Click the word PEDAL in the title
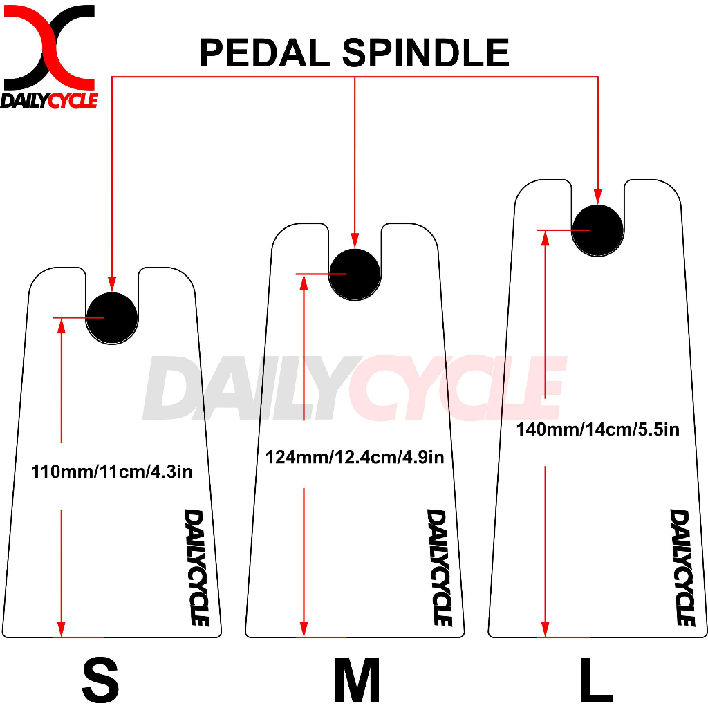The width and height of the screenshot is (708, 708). pyautogui.click(x=265, y=53)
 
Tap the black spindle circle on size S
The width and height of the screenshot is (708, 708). pyautogui.click(x=112, y=317)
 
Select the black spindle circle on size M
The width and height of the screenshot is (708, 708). pyautogui.click(x=355, y=274)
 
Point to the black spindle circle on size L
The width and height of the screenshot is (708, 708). pyautogui.click(x=597, y=230)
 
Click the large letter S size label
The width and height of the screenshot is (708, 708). pyautogui.click(x=101, y=679)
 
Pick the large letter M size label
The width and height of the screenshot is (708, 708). pyautogui.click(x=357, y=679)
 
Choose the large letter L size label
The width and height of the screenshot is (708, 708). pyautogui.click(x=596, y=679)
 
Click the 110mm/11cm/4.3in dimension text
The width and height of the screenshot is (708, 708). pyautogui.click(x=112, y=473)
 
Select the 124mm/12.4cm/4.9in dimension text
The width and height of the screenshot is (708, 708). pyautogui.click(x=355, y=458)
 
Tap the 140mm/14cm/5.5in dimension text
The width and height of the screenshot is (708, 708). pyautogui.click(x=597, y=429)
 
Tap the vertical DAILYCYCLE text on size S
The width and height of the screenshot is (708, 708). pyautogui.click(x=196, y=567)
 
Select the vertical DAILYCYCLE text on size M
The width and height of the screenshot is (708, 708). pyautogui.click(x=439, y=567)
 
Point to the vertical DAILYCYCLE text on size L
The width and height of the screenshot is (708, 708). pyautogui.click(x=682, y=567)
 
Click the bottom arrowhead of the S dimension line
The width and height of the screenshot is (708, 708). pyautogui.click(x=62, y=628)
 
